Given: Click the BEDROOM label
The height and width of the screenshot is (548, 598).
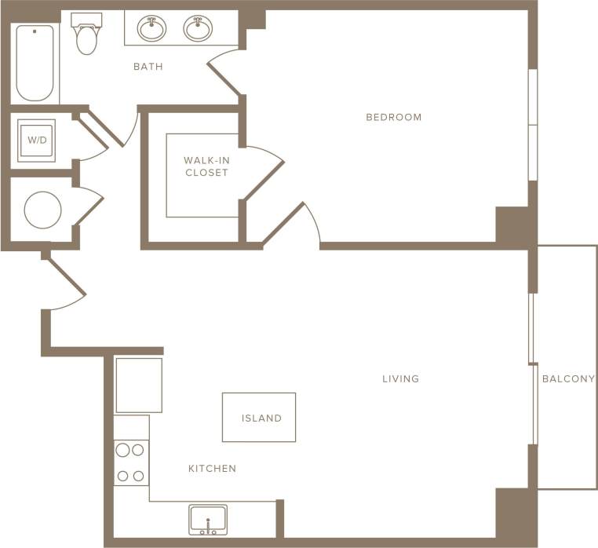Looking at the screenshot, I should (x=393, y=117).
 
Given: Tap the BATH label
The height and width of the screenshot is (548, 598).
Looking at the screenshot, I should (x=148, y=67).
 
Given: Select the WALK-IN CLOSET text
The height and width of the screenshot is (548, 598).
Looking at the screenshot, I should (x=206, y=166).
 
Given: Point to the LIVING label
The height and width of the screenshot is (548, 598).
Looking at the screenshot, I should (x=400, y=378).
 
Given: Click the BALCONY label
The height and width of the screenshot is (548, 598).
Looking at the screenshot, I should (x=568, y=378).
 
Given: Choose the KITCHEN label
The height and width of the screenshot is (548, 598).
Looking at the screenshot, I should (x=212, y=469).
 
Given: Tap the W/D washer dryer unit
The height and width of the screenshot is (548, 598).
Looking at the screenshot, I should (x=36, y=141).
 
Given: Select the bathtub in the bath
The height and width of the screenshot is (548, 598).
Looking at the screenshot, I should (x=35, y=63).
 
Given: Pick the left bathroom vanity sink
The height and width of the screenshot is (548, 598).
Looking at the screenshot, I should (x=151, y=28).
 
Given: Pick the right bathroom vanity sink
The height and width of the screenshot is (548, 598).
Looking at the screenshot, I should (x=197, y=28).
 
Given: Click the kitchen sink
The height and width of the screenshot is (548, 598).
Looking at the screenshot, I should (x=208, y=520).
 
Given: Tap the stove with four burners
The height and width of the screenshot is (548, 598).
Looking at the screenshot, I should (x=131, y=462).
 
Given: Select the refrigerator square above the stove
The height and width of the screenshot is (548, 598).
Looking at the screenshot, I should (x=139, y=385).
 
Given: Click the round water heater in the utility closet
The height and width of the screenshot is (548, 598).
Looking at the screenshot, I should (x=42, y=210).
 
